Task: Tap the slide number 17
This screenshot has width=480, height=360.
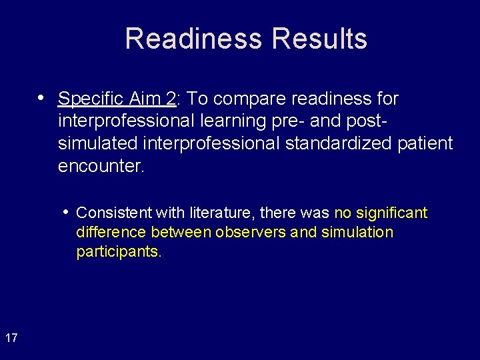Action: [11, 339]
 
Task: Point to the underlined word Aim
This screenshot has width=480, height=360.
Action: [144, 99]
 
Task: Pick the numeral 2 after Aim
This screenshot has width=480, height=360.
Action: [171, 99]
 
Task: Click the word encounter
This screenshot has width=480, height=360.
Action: [101, 166]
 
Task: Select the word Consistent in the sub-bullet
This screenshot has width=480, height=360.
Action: [114, 213]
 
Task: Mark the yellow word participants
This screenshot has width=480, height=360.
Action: [119, 252]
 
